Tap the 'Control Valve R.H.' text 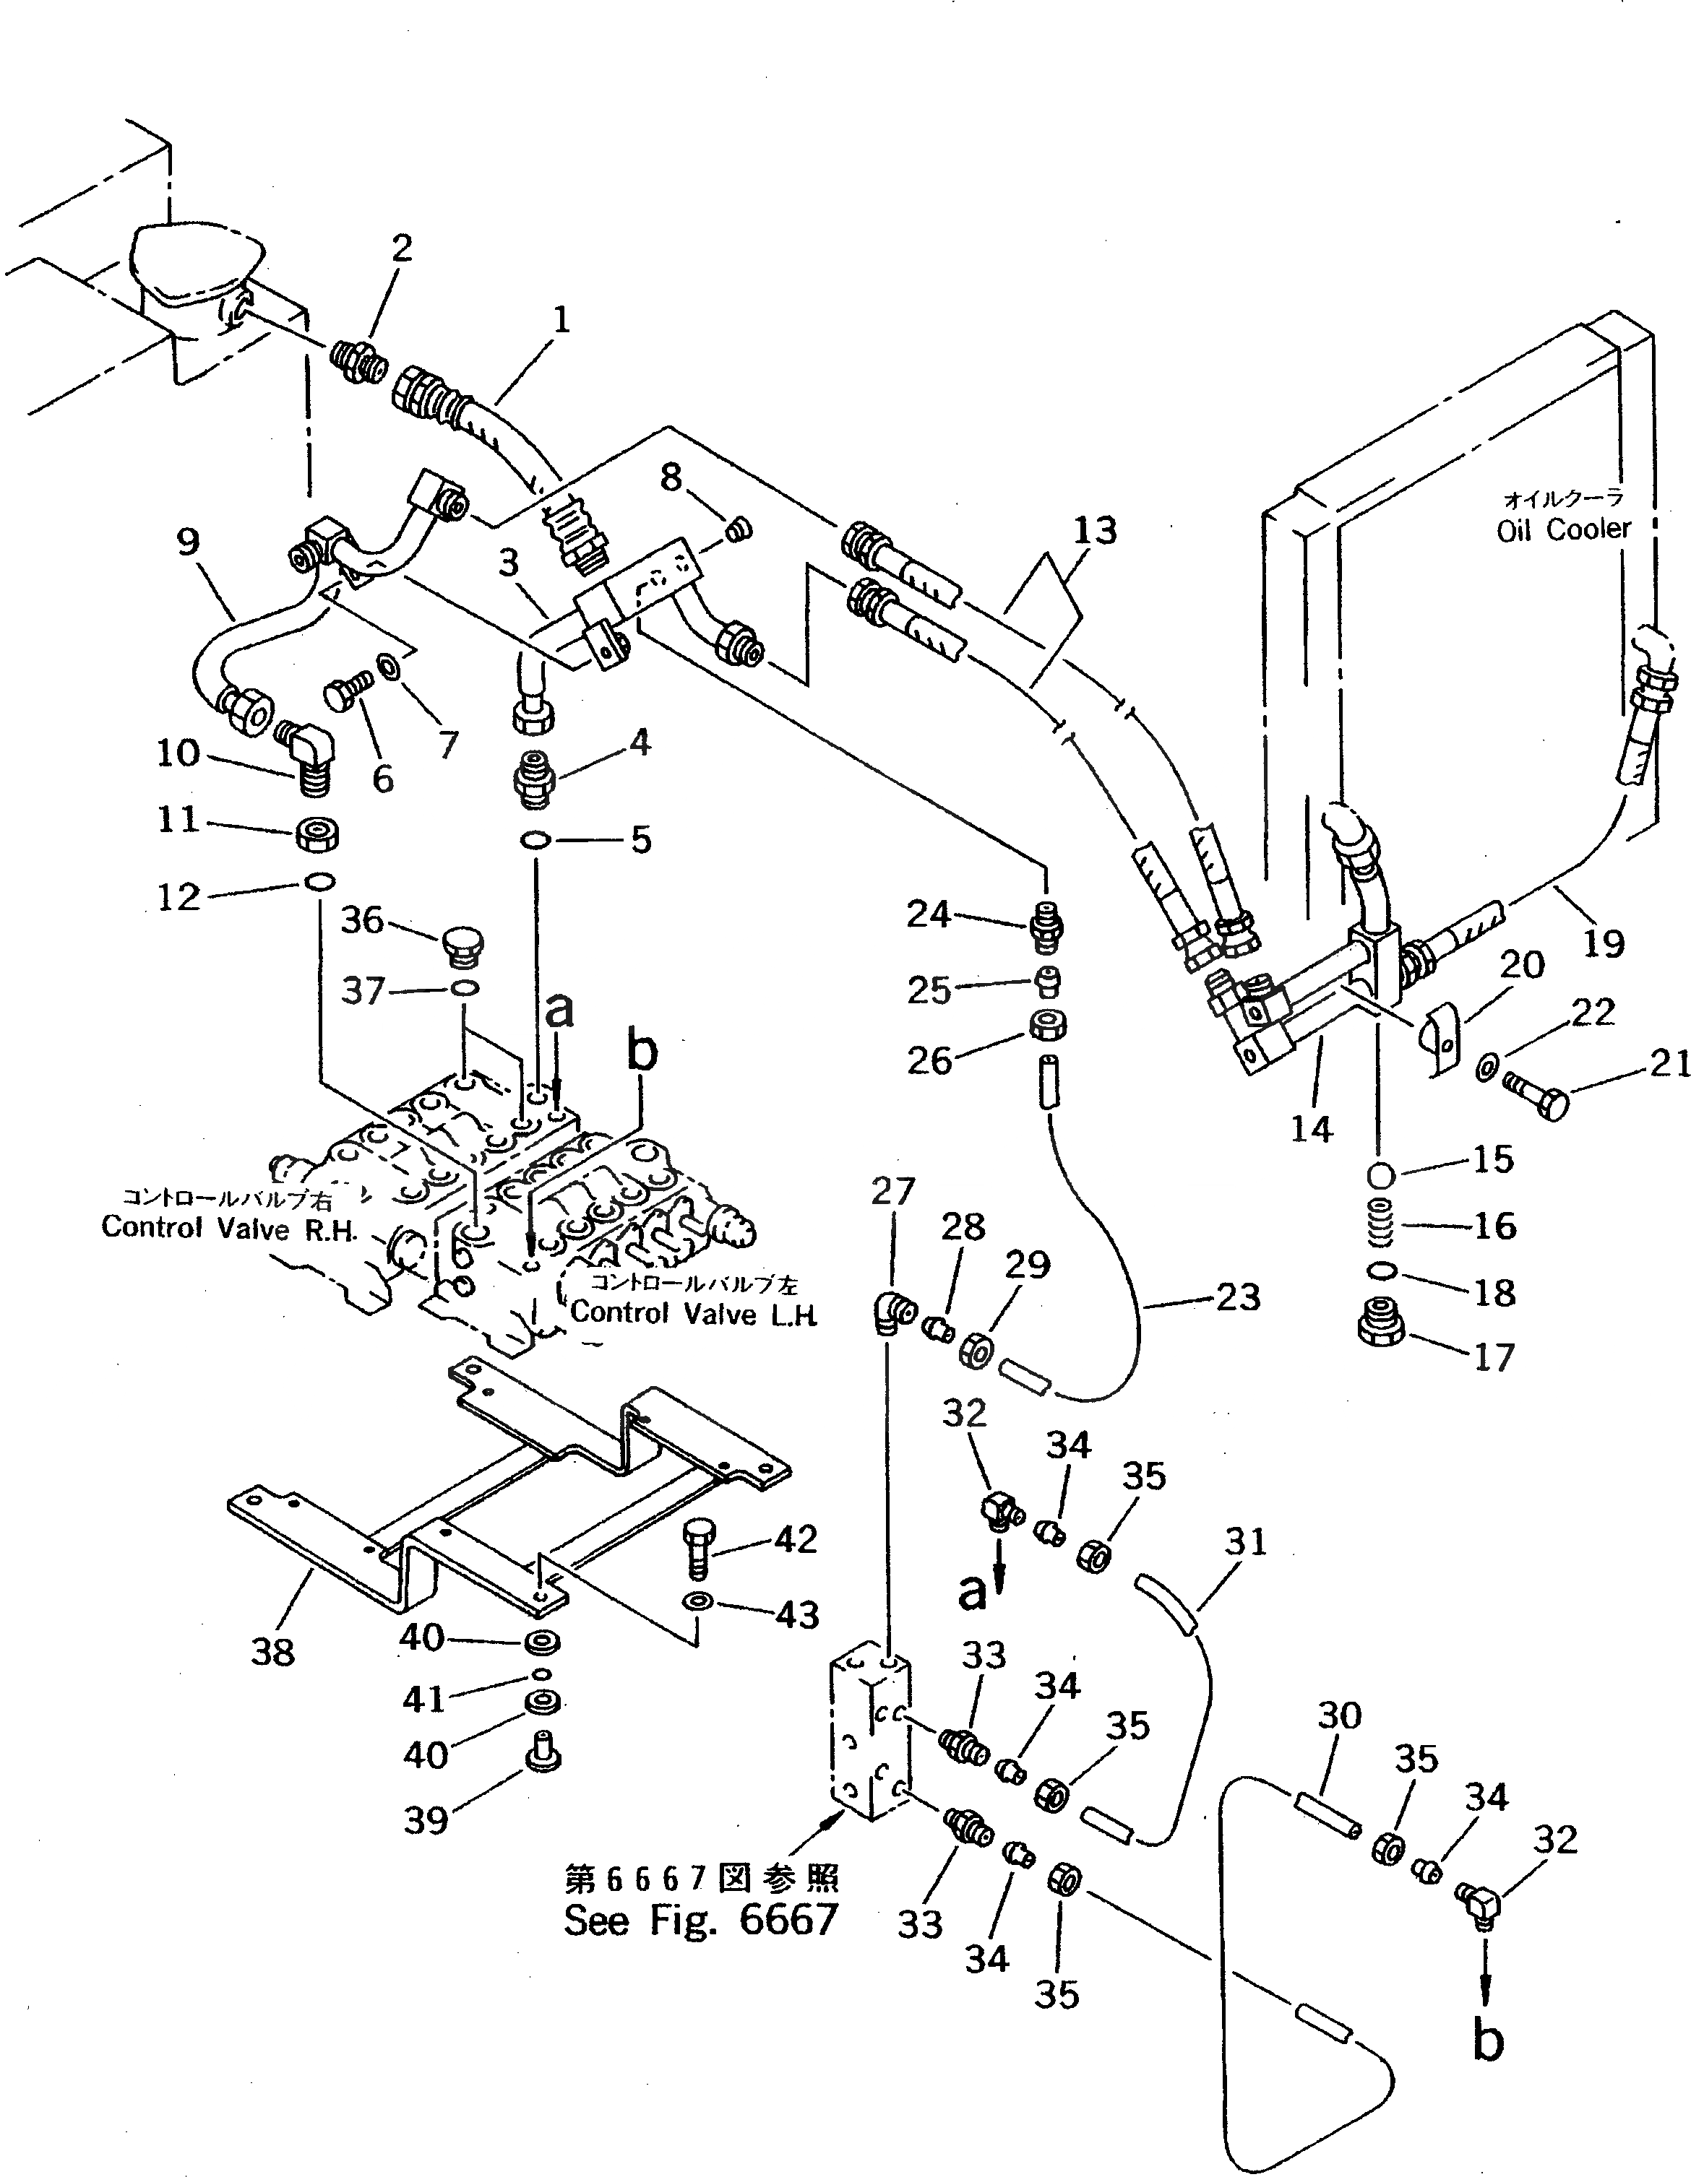[x=229, y=1227]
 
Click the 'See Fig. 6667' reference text [x=700, y=1919]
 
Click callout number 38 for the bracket [x=272, y=1652]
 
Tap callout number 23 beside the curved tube [x=1237, y=1297]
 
